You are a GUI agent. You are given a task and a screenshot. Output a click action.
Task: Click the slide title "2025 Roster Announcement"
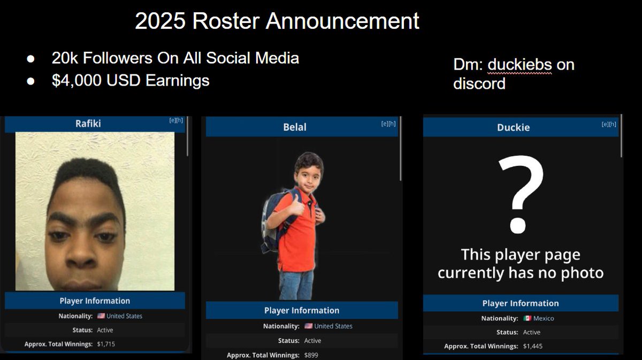tap(277, 21)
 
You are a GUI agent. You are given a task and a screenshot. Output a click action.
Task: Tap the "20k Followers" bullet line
tap(175, 58)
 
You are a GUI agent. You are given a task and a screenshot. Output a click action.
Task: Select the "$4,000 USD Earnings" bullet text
tap(131, 80)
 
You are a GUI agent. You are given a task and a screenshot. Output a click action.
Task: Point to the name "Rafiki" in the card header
tap(88, 124)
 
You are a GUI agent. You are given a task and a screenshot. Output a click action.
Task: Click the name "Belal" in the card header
tap(295, 127)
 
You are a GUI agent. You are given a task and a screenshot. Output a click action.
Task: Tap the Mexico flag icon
tap(528, 318)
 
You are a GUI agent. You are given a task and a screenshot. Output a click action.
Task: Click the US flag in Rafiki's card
tap(101, 316)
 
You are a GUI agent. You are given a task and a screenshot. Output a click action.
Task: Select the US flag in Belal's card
tap(308, 326)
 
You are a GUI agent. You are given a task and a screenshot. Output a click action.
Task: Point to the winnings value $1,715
tap(106, 344)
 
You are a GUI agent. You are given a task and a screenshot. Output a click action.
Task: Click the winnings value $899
tap(311, 355)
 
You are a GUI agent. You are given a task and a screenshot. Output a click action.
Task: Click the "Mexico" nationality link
tap(544, 318)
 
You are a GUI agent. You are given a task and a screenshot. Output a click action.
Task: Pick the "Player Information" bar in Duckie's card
tap(520, 303)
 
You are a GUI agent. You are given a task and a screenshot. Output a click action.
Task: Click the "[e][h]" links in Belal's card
tap(388, 124)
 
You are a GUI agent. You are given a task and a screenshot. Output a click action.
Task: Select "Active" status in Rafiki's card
tap(105, 330)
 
